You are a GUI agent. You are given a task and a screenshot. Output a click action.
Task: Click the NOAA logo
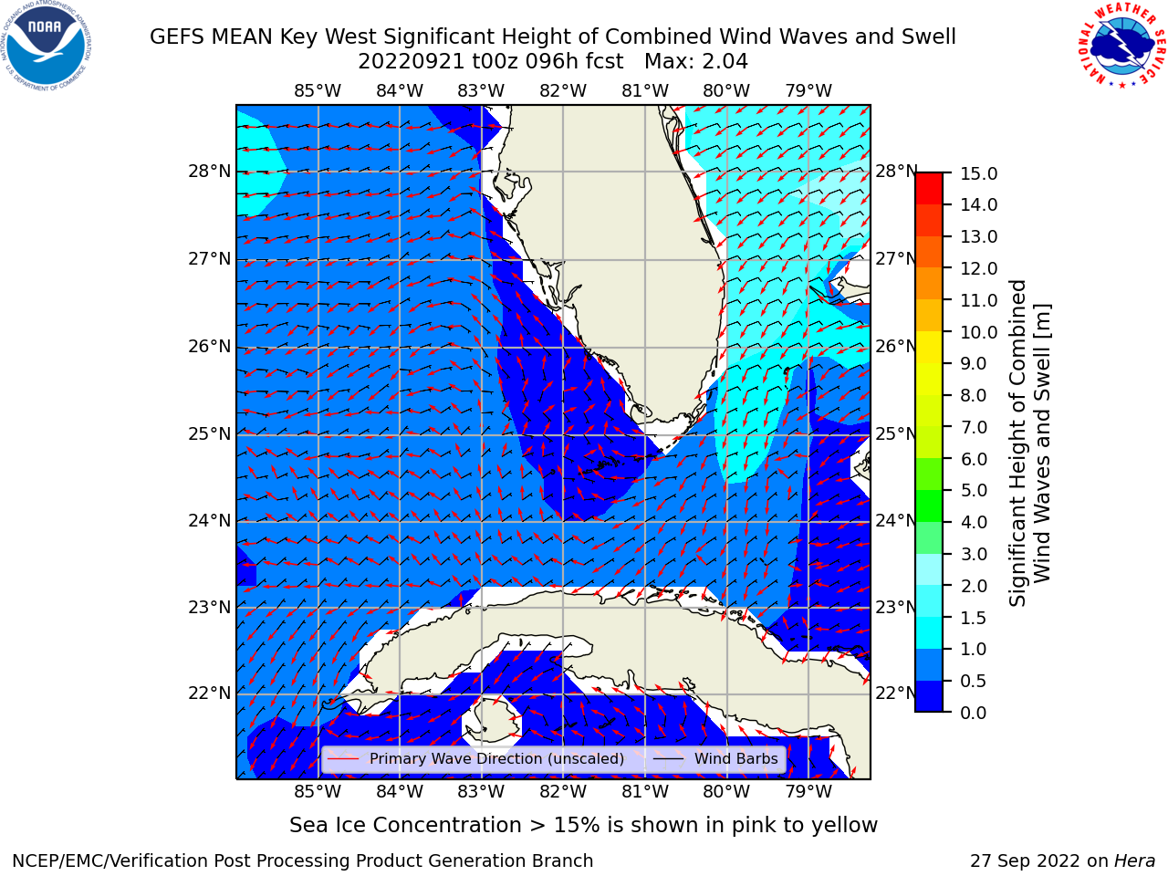pos(47,47)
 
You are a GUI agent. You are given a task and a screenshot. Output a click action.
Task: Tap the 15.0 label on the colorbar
pos(978,174)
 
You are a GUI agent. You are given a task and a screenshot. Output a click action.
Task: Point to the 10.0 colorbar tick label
pos(978,332)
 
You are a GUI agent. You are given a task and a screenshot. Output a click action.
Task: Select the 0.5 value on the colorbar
pos(974,682)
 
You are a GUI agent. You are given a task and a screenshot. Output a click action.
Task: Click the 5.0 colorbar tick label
pos(974,490)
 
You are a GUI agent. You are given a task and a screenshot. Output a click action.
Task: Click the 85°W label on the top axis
pos(318,91)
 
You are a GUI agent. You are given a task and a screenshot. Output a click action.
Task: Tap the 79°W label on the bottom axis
pos(808,792)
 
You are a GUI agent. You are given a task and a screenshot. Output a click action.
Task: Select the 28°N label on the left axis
pos(210,172)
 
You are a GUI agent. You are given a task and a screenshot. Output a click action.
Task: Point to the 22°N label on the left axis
pos(210,693)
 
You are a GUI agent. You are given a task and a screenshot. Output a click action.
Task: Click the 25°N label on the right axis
pos(897,433)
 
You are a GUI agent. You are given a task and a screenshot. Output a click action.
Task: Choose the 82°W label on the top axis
pos(563,91)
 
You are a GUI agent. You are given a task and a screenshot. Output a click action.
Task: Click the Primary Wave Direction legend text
pos(496,758)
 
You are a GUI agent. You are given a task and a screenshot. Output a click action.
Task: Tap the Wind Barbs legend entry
pos(735,758)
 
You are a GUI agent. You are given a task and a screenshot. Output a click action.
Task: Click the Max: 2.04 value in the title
pos(696,62)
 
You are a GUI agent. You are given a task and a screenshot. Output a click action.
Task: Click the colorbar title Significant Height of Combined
pos(1017,443)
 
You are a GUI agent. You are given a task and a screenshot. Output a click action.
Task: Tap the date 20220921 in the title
pos(412,62)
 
